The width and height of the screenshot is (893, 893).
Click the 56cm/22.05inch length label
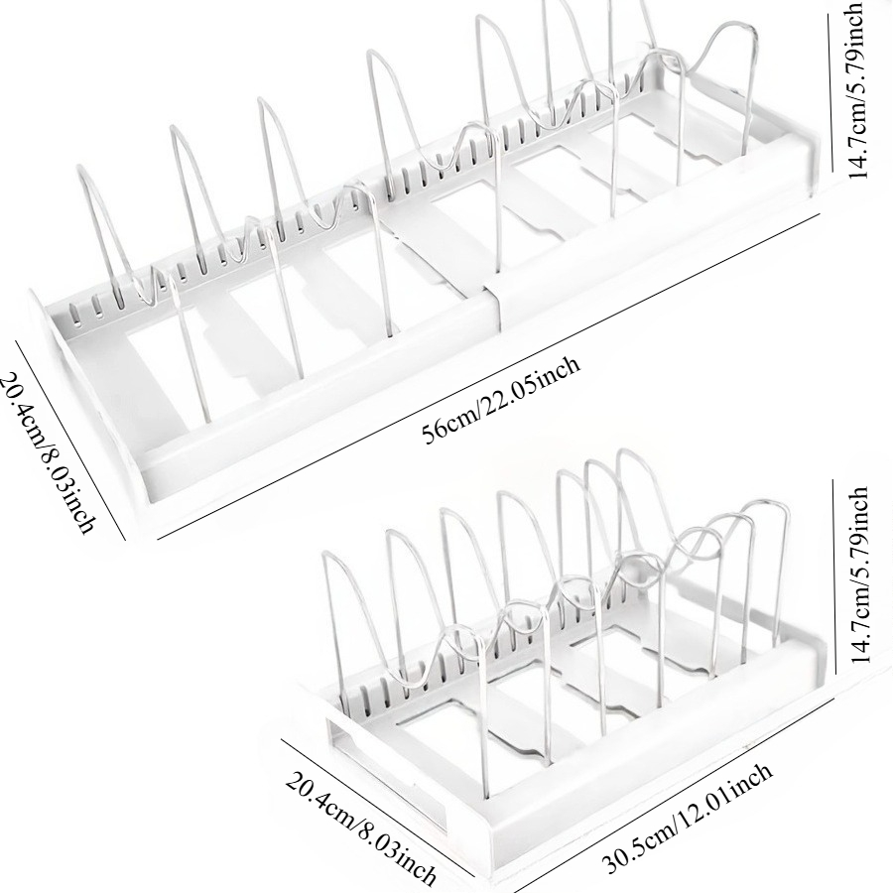click(501, 400)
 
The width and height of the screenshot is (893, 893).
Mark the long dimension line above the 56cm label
click(488, 376)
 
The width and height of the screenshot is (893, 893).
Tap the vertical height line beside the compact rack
click(833, 576)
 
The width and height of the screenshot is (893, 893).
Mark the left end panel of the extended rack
click(85, 393)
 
